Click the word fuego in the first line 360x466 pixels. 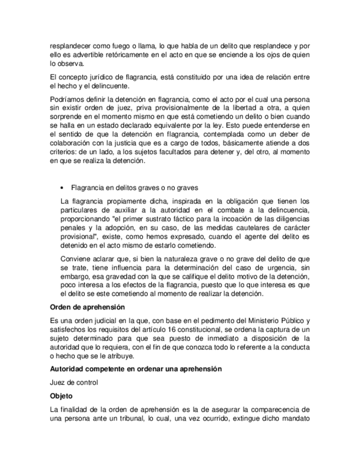point(118,45)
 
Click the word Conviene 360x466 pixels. point(76,258)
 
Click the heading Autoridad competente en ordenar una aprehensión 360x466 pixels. point(135,369)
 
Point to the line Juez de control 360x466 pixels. point(73,382)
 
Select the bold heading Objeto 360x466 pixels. point(61,396)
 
